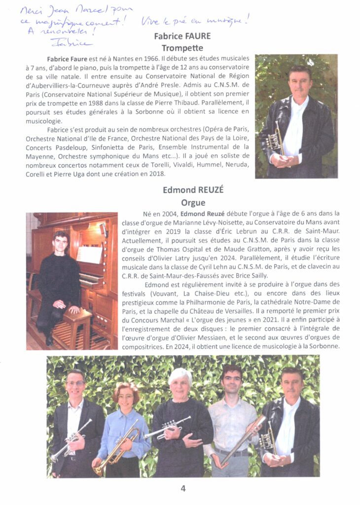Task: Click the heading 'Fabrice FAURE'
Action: pyautogui.click(x=182, y=36)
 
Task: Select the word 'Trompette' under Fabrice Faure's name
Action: pyautogui.click(x=182, y=48)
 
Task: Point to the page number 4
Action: pyautogui.click(x=183, y=488)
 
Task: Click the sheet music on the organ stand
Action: pyautogui.click(x=89, y=254)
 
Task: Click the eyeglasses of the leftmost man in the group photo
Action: pyautogui.click(x=75, y=383)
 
